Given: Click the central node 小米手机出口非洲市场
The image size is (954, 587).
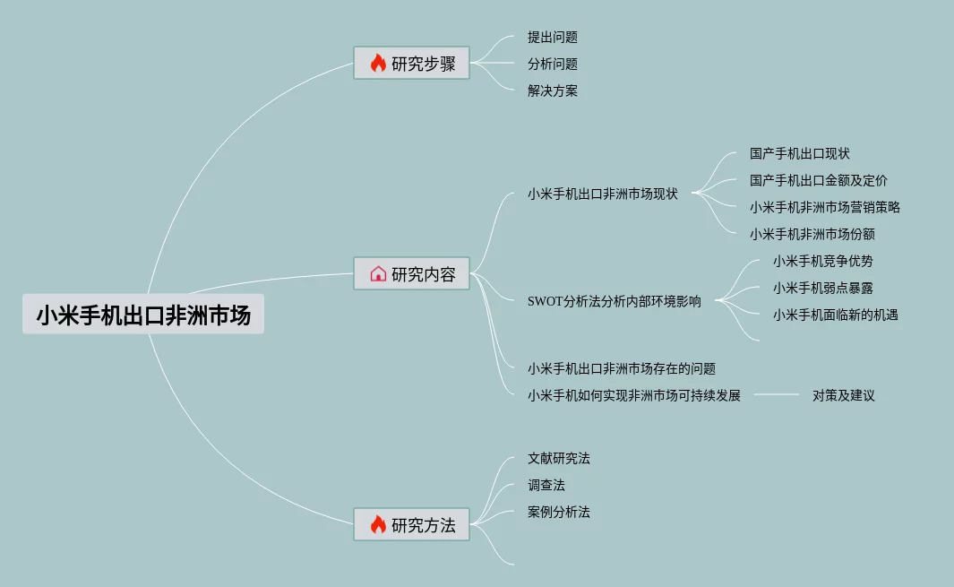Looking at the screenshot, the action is [143, 315].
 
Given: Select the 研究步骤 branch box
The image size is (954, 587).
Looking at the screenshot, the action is [412, 64].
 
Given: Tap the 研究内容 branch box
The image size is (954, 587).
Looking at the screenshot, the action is [412, 273].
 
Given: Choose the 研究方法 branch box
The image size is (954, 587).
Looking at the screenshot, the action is [412, 524].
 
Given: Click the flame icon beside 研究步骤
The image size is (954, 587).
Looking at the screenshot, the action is [378, 64].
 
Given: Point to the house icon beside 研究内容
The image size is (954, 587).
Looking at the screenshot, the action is [378, 273].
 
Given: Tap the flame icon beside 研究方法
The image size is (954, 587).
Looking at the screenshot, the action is [378, 524].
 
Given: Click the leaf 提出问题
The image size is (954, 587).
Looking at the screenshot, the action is [553, 38].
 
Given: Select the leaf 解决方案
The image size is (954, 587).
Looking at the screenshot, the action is [553, 91].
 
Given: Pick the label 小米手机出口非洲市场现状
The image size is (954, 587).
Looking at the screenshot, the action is [603, 194].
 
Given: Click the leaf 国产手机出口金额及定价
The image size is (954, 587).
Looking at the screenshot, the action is [819, 181].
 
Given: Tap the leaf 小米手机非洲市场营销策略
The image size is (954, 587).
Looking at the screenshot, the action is [825, 208].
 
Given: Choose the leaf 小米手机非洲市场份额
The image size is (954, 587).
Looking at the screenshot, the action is [812, 235].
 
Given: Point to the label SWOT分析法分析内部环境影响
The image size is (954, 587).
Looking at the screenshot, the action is [615, 301].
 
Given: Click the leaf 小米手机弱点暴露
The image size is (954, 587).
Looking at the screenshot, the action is [823, 289].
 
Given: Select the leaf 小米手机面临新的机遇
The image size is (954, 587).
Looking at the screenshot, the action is [836, 315].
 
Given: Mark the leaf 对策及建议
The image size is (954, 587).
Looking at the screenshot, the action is [844, 395].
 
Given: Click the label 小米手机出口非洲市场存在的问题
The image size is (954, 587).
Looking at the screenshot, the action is [622, 368].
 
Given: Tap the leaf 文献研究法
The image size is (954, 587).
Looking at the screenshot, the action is [559, 459].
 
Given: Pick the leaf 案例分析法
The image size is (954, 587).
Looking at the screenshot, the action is [559, 513].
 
